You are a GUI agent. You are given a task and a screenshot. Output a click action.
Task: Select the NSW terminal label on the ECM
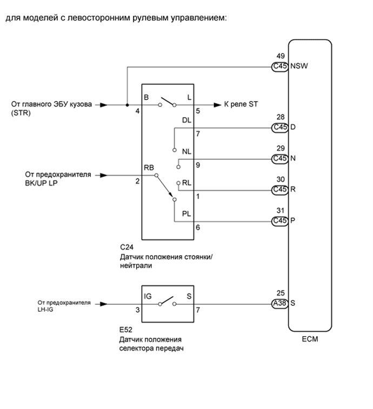tap(299, 67)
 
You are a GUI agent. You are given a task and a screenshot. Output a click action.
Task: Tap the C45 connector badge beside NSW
tap(280, 67)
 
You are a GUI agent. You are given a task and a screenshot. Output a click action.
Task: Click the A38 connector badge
tap(280, 303)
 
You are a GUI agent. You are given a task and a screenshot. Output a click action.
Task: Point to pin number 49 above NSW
tap(280, 56)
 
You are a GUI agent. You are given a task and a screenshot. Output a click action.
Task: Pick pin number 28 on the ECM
tap(280, 117)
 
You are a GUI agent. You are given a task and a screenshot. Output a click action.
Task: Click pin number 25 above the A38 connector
tap(280, 293)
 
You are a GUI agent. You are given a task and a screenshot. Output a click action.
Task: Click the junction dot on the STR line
tap(127, 105)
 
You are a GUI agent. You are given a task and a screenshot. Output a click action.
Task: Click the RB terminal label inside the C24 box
tap(149, 168)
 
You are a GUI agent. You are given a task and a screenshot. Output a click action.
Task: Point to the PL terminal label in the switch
tap(186, 213)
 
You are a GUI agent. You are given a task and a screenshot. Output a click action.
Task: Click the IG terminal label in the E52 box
tap(148, 296)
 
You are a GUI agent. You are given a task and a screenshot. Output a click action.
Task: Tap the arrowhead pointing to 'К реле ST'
tap(217, 105)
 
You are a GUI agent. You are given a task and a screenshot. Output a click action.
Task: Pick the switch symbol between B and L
tap(168, 103)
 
